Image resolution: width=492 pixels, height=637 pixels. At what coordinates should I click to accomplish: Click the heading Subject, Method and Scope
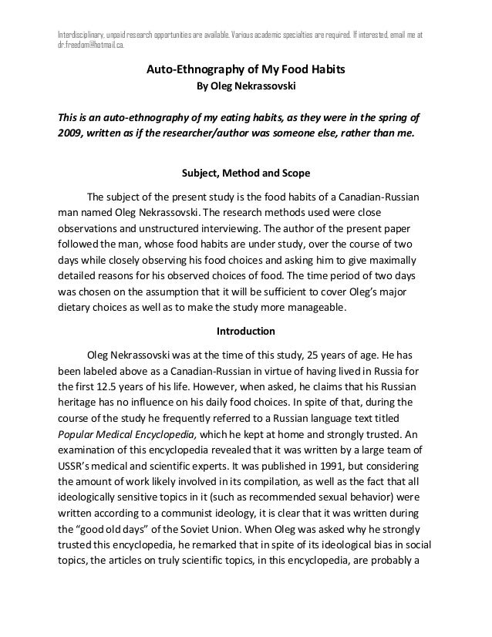[245, 172]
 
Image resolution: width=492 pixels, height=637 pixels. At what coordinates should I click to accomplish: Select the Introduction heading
[245, 332]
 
